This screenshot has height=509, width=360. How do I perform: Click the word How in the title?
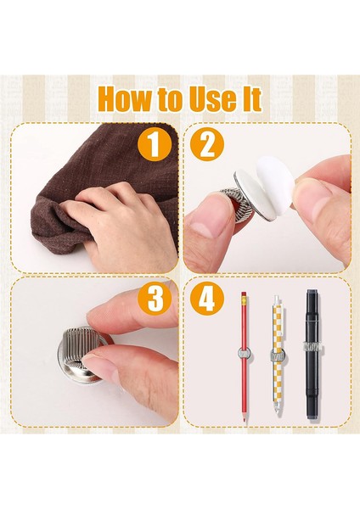124,98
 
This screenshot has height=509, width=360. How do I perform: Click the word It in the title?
251,98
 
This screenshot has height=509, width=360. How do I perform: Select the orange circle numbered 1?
155,144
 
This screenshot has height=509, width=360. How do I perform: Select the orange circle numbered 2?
207,144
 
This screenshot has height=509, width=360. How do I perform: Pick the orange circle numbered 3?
155,298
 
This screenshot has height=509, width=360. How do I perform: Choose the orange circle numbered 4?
207,298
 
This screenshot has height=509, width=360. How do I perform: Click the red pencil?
244,357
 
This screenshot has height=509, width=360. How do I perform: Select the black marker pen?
312,356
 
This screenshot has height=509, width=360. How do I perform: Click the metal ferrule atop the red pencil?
244,299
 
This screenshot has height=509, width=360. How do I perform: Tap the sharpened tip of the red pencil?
244,421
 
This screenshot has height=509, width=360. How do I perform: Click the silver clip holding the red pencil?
244,353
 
